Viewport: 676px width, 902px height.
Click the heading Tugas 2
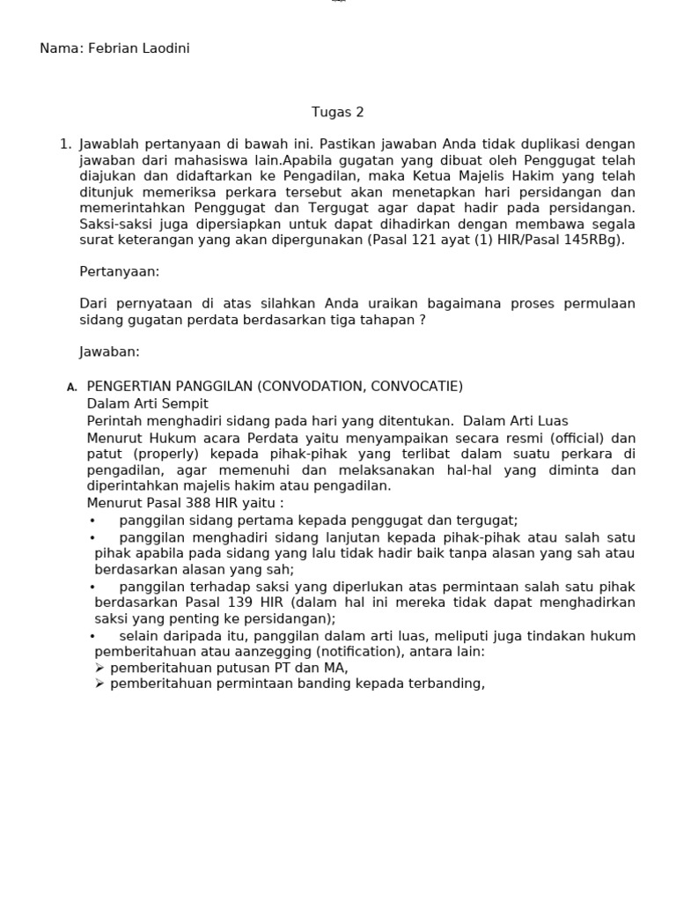(337, 112)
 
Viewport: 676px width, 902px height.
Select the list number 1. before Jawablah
(65, 144)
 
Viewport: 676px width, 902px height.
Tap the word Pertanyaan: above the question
(120, 271)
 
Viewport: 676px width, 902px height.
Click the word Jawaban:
(109, 351)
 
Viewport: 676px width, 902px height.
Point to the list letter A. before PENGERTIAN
(72, 388)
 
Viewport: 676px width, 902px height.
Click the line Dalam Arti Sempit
(147, 403)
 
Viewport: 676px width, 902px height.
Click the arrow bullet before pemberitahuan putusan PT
(99, 669)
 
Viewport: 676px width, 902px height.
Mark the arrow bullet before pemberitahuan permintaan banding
(99, 684)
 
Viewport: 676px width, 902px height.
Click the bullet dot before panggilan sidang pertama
(92, 521)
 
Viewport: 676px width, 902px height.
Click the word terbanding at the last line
(445, 684)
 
